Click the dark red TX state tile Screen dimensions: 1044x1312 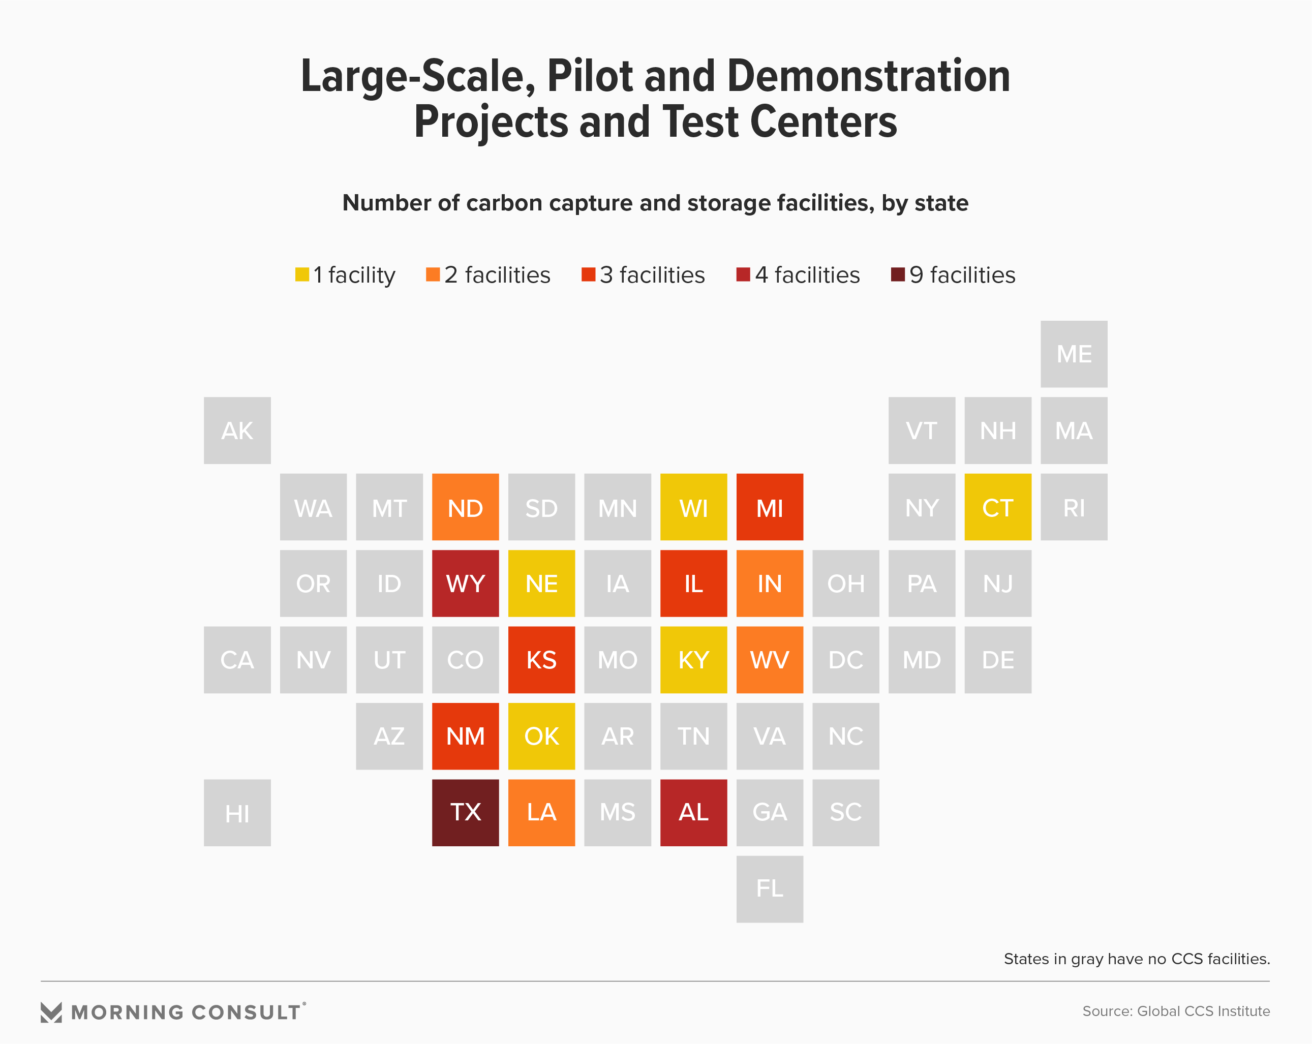465,812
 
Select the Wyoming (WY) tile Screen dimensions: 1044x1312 465,584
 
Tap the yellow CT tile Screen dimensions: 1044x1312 997,507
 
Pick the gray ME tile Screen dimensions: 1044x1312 1074,354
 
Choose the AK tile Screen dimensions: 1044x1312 237,431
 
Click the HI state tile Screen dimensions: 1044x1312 237,813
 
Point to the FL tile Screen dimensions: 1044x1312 769,889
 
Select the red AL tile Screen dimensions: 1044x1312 693,812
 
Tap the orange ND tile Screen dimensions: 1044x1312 465,507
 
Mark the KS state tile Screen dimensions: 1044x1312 541,660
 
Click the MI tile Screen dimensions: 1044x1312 769,507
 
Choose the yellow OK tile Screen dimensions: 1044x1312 541,736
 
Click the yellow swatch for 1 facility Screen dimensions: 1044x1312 302,274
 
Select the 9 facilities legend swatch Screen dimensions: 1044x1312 898,274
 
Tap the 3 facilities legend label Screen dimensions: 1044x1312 652,275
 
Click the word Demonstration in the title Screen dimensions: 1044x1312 868,76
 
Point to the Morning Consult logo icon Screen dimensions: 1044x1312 51,1012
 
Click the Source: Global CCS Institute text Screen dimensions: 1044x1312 1176,1011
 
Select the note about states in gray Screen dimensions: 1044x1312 1136,959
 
